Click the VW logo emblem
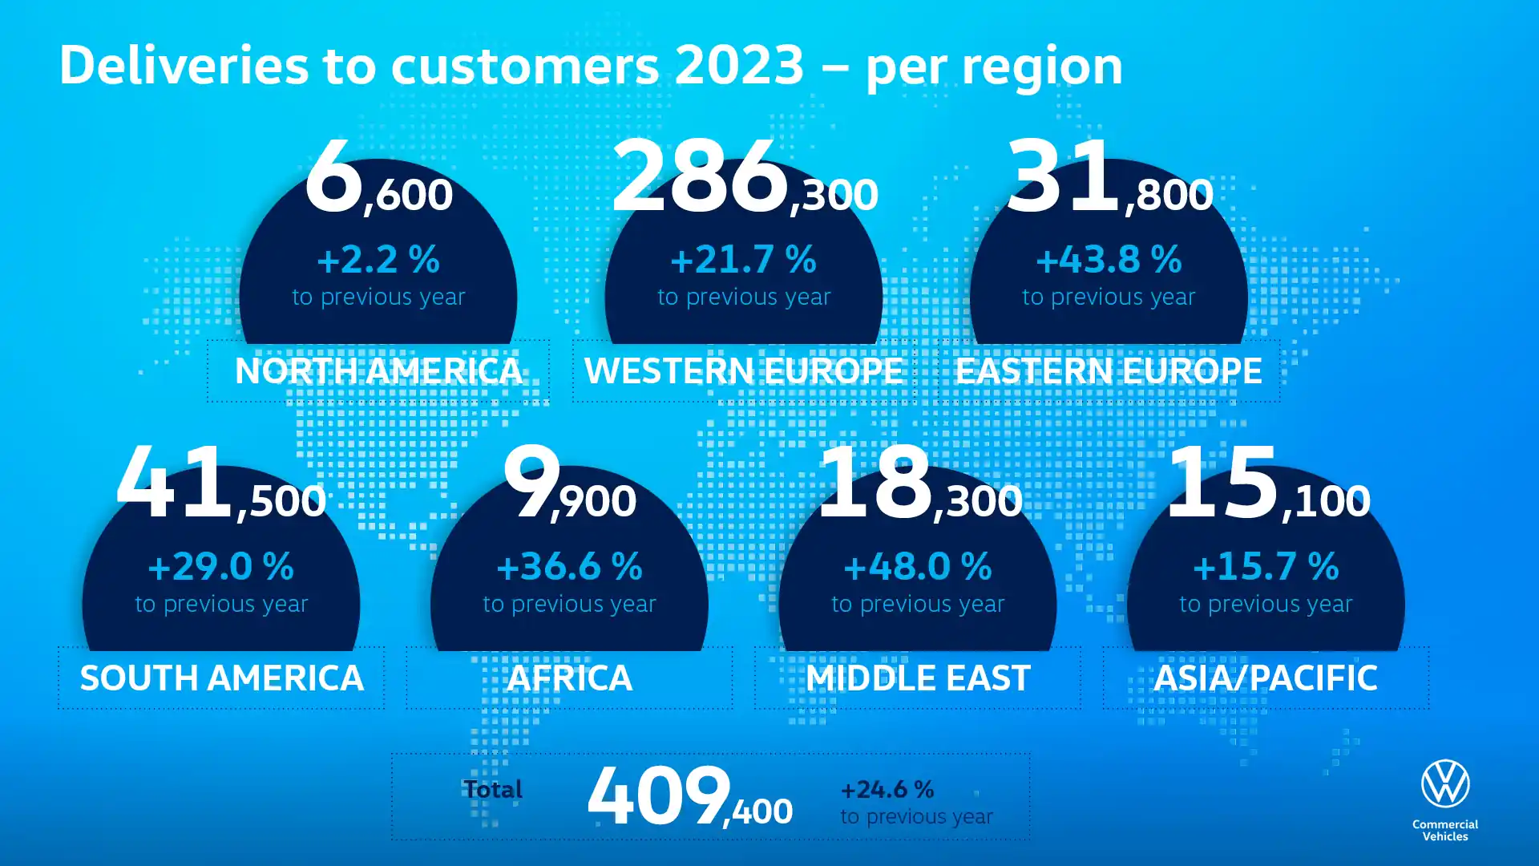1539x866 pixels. pyautogui.click(x=1445, y=783)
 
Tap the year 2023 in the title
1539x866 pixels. pyautogui.click(x=739, y=65)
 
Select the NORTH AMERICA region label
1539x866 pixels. pyautogui.click(x=378, y=371)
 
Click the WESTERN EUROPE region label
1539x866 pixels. pyautogui.click(x=744, y=371)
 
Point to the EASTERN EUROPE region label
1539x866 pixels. pyautogui.click(x=1109, y=371)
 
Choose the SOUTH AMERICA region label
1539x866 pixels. pyautogui.click(x=221, y=678)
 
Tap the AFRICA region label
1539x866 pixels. pyautogui.click(x=569, y=678)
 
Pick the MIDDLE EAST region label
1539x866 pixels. pyautogui.click(x=918, y=678)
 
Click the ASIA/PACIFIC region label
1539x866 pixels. pyautogui.click(x=1266, y=678)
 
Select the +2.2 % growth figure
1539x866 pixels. pyautogui.click(x=378, y=260)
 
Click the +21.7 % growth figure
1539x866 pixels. pyautogui.click(x=743, y=260)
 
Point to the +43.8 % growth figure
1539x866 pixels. pyautogui.click(x=1109, y=260)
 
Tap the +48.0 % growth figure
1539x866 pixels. pyautogui.click(x=918, y=567)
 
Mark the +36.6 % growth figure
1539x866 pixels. pyautogui.click(x=569, y=567)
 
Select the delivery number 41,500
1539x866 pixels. pyautogui.click(x=221, y=486)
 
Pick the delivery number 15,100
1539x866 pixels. pyautogui.click(x=1268, y=486)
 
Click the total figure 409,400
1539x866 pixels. pyautogui.click(x=689, y=797)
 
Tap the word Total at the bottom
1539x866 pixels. pyautogui.click(x=493, y=790)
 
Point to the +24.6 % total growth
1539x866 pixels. pyautogui.click(x=887, y=790)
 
